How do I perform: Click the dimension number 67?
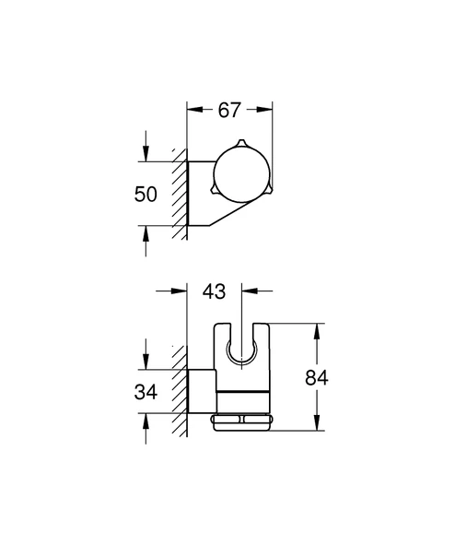click(230, 110)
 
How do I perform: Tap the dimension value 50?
click(146, 195)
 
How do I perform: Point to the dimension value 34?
click(146, 391)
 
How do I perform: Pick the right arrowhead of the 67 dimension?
click(269, 110)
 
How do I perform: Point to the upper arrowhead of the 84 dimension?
click(318, 328)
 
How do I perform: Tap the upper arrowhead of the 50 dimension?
click(145, 158)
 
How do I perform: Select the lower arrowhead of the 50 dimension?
click(145, 232)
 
